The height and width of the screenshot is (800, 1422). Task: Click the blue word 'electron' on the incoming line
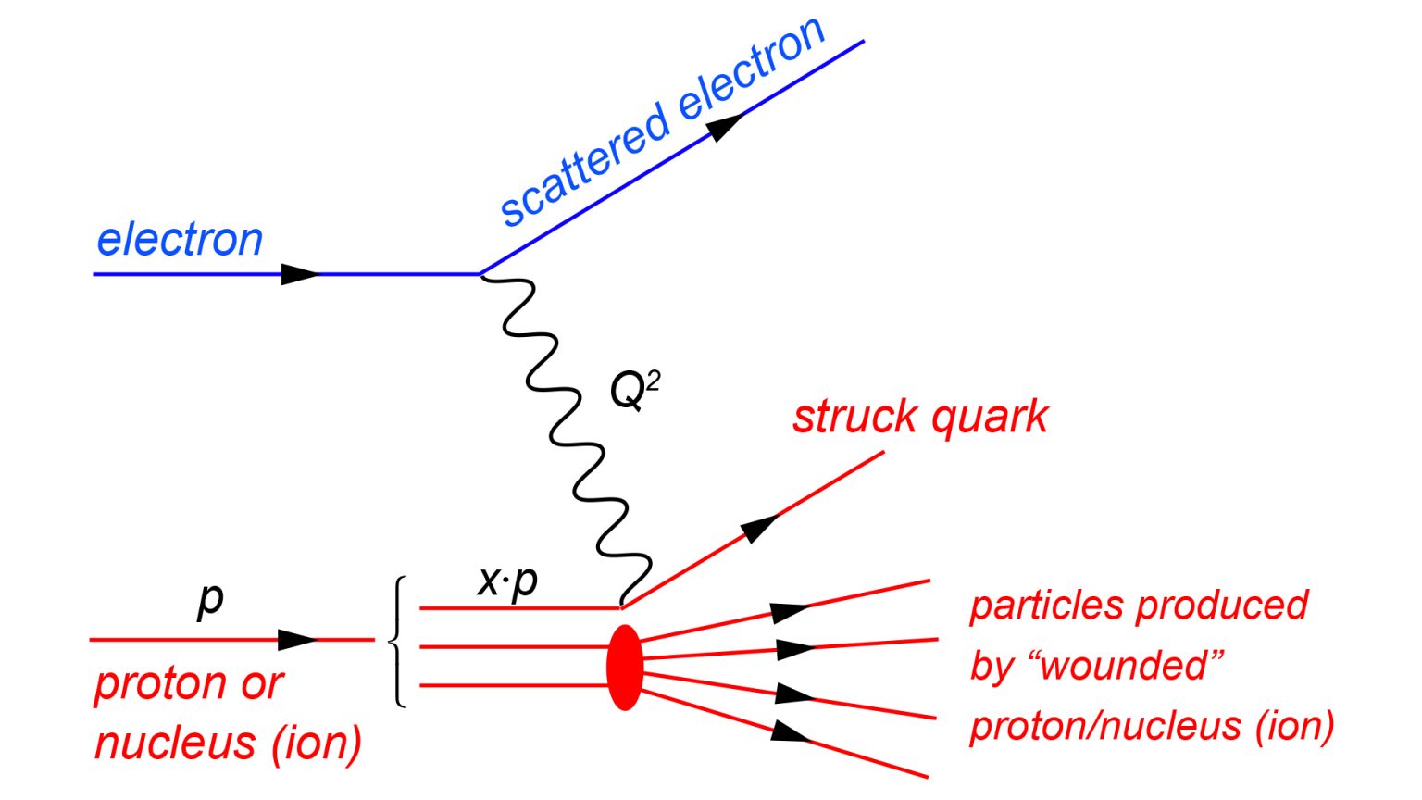click(180, 240)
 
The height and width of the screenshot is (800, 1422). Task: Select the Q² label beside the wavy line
click(634, 389)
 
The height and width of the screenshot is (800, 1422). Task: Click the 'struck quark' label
click(920, 417)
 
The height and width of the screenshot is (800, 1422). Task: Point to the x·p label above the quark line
click(507, 581)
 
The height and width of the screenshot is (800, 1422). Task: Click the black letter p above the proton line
click(211, 600)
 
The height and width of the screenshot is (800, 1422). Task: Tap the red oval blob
click(625, 667)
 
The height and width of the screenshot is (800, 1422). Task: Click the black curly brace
click(399, 641)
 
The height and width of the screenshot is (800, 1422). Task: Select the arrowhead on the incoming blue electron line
click(300, 274)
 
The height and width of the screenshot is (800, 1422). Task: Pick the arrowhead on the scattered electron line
click(728, 126)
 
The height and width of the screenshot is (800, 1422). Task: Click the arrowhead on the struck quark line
click(759, 528)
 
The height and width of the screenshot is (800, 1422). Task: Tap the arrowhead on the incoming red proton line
click(297, 639)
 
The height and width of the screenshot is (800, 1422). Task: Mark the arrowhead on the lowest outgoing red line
click(791, 731)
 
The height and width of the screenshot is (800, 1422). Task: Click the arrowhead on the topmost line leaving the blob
click(790, 612)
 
